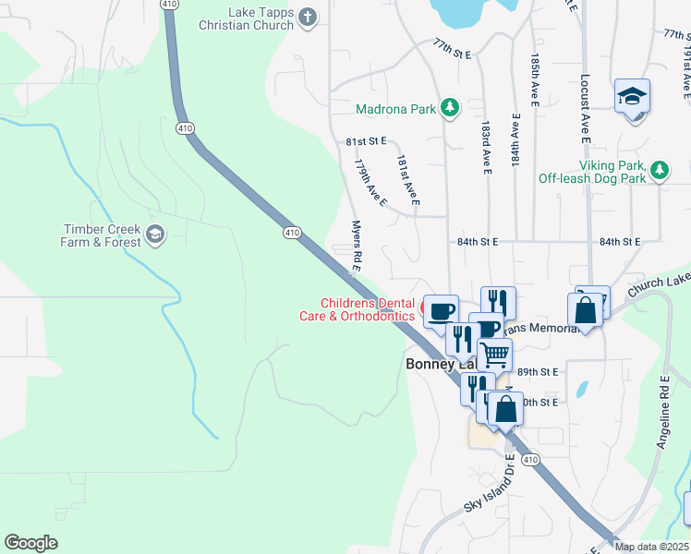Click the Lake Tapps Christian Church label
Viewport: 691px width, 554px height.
pos(246,18)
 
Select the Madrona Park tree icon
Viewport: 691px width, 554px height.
pos(450,109)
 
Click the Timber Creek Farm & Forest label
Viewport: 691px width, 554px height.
pos(102,235)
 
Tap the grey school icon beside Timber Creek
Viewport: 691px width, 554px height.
pos(154,233)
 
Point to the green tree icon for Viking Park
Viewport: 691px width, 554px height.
pos(659,170)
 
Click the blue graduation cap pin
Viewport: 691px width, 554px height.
pos(633,97)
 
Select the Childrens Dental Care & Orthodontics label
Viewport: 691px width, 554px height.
pos(368,309)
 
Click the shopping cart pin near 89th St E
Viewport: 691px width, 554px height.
pos(495,354)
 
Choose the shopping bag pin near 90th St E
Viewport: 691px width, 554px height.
pos(505,409)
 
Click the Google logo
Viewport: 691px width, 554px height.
pos(30,543)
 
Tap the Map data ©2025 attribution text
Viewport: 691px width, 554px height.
pos(652,547)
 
